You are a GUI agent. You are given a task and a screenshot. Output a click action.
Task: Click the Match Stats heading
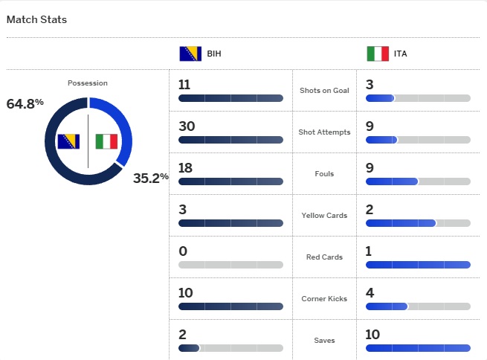point(36,19)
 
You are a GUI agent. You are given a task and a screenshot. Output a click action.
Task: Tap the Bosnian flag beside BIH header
point(190,54)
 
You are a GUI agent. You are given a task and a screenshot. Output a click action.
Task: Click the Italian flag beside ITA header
point(378,54)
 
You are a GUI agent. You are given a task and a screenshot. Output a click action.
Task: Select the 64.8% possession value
point(25,103)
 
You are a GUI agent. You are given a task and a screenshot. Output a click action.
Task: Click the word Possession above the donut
point(87,83)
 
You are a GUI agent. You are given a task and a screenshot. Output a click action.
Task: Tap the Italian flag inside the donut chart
point(106,141)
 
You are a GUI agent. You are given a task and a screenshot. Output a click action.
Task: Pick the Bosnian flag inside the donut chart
point(69,141)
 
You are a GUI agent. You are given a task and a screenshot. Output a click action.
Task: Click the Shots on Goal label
point(324,91)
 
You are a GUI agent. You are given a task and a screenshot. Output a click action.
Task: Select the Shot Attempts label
point(324,132)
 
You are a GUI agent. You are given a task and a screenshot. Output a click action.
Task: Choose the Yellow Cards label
point(324,216)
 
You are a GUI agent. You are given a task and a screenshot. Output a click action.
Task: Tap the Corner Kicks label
point(324,299)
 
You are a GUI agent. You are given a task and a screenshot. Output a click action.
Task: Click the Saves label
point(324,341)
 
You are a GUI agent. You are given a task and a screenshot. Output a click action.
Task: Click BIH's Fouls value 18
point(186,168)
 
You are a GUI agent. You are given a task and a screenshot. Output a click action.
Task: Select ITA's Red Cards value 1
point(369,251)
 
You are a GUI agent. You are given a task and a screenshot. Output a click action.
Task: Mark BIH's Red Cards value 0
point(183,251)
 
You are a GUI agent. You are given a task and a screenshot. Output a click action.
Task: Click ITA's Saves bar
point(418,348)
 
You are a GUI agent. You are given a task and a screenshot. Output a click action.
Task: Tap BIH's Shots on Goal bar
point(230,98)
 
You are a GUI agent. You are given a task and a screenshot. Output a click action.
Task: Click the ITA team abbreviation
point(401,54)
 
